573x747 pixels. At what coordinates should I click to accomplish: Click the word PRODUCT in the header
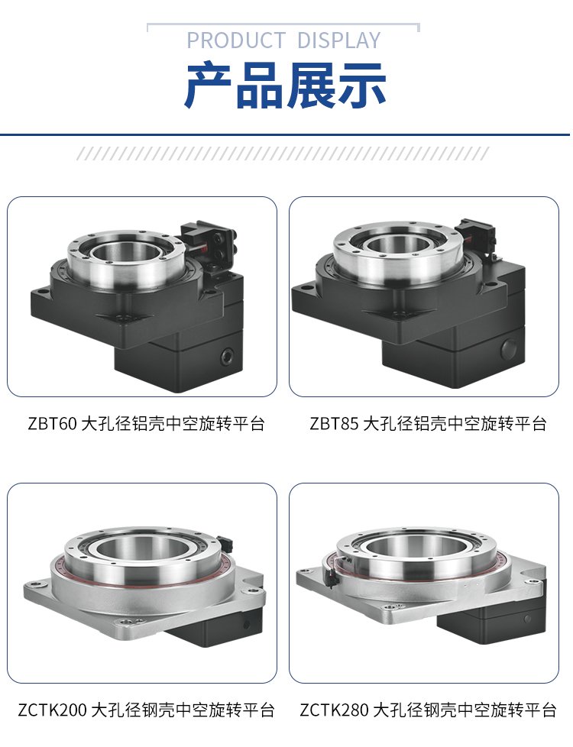[235, 40]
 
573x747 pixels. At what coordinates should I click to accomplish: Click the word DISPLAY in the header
[338, 40]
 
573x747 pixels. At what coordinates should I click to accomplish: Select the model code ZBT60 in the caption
[52, 423]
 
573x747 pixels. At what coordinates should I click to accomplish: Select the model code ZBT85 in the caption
[334, 423]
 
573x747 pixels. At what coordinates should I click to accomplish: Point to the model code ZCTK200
[53, 710]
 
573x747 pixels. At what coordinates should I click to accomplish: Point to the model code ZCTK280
[334, 710]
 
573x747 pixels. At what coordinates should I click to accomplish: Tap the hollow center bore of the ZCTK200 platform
[142, 547]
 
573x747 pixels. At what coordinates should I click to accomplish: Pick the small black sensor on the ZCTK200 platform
[225, 542]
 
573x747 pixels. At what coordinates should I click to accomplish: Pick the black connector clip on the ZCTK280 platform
[330, 577]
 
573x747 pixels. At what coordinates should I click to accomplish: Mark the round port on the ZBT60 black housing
[226, 356]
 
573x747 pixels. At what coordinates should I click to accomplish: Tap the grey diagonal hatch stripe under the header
[283, 154]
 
